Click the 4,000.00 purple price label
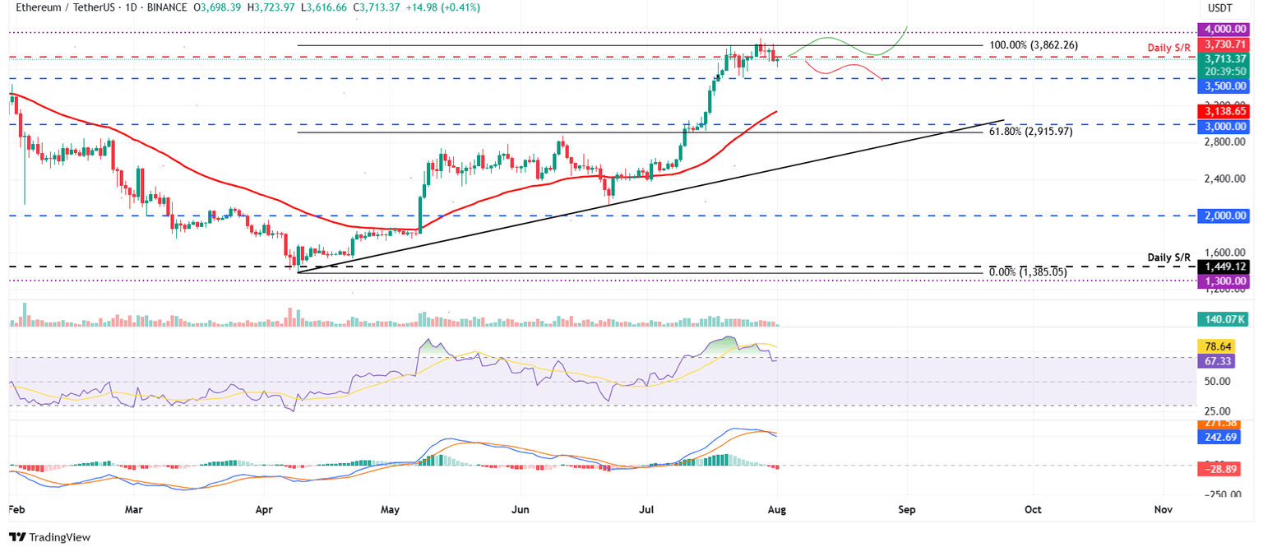tap(1224, 29)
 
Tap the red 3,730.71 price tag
tap(1224, 44)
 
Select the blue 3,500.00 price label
tap(1224, 86)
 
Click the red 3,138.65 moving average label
tap(1224, 111)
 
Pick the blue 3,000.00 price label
tap(1224, 127)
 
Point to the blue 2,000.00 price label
tap(1224, 216)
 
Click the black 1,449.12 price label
tap(1224, 267)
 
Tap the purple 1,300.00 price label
tap(1224, 281)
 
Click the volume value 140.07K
tap(1224, 320)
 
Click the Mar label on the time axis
tap(133, 510)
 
